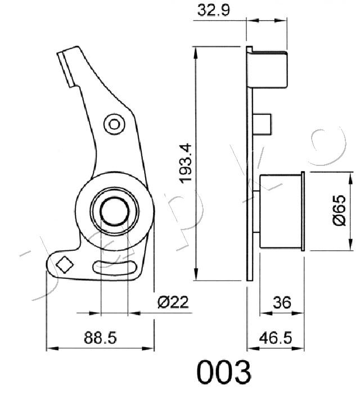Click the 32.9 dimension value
pos(214,11)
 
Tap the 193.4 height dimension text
pos(186,163)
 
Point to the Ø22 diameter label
pos(173,302)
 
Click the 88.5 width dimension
pos(100,337)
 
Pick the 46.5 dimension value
pos(276,337)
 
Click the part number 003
pos(224,372)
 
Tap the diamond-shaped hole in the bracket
pos(65,265)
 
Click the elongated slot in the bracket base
pos(115,267)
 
